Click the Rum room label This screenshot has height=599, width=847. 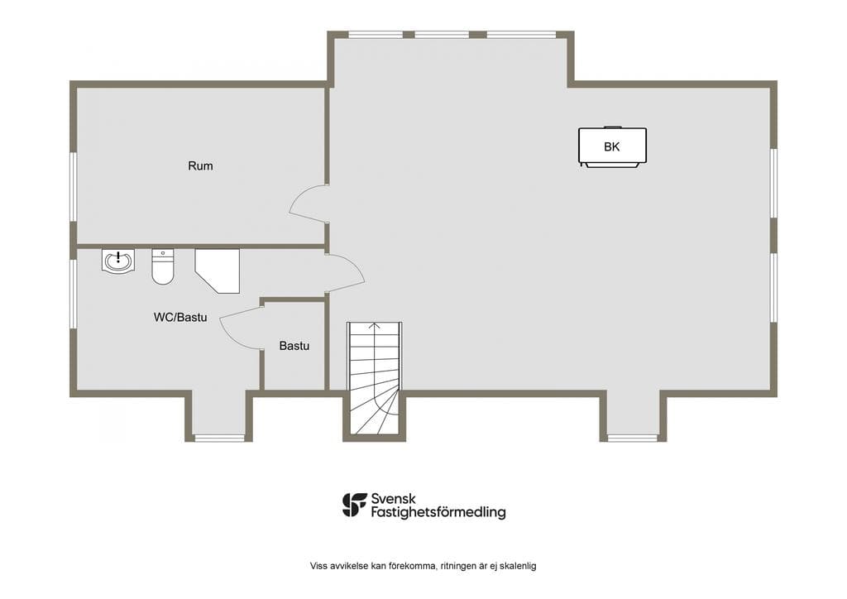coord(200,165)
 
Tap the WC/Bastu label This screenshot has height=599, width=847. coord(180,317)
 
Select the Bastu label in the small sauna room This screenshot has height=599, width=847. coord(294,346)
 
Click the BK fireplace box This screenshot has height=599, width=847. coord(613,146)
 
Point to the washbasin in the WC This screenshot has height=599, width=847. coord(117,261)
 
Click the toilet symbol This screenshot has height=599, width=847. coord(163,266)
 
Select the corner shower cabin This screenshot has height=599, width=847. coord(218,271)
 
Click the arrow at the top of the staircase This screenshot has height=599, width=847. coord(375,325)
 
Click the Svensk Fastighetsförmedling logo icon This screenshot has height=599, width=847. coord(354,505)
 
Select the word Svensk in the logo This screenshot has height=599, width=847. coord(393,499)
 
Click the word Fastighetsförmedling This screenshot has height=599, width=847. coord(438,512)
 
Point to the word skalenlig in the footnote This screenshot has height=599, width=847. coord(518,566)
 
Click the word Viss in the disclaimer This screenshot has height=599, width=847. coord(318,566)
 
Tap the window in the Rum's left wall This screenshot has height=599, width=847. coord(74,186)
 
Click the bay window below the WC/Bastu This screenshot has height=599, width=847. coord(219,438)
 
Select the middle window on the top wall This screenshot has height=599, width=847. coord(442,35)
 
